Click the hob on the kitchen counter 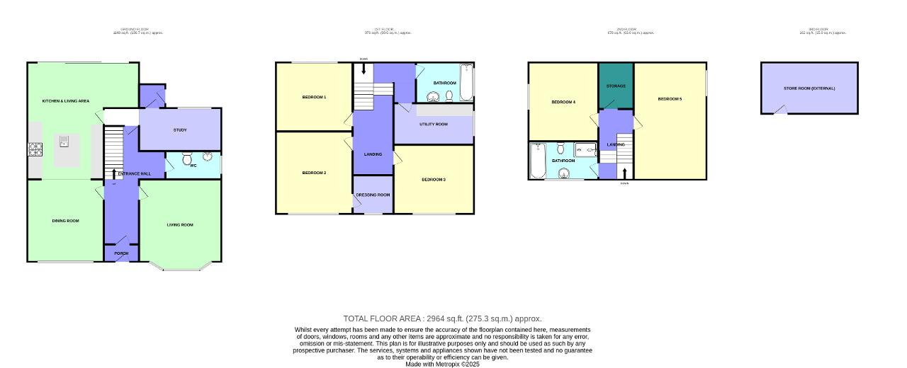pyautogui.click(x=34, y=149)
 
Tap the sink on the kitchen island pyautogui.click(x=64, y=143)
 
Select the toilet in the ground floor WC pyautogui.click(x=187, y=159)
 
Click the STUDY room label pyautogui.click(x=180, y=130)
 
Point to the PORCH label pyautogui.click(x=121, y=253)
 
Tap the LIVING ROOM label pyautogui.click(x=180, y=225)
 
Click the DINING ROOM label pyautogui.click(x=65, y=221)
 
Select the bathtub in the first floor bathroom pyautogui.click(x=466, y=82)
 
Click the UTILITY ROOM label pyautogui.click(x=434, y=125)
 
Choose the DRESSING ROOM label pyautogui.click(x=373, y=195)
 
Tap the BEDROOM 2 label pyautogui.click(x=314, y=173)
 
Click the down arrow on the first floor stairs pyautogui.click(x=364, y=69)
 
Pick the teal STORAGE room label pyautogui.click(x=616, y=86)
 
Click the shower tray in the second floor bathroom pyautogui.click(x=586, y=149)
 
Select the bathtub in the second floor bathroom pyautogui.click(x=538, y=161)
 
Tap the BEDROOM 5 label pyautogui.click(x=670, y=99)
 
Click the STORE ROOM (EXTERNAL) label pyautogui.click(x=809, y=88)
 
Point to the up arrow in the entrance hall pyautogui.click(x=113, y=174)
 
